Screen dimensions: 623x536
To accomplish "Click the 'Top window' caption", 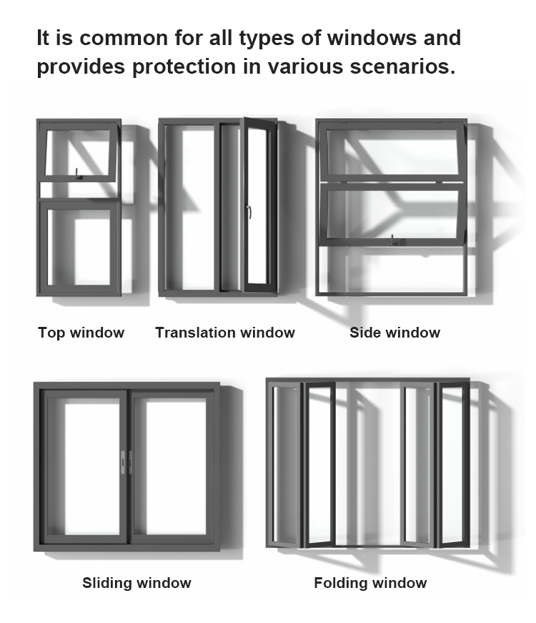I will pos(81,333).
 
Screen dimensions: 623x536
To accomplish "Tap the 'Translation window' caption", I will pos(224,333).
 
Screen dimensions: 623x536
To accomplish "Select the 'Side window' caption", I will pos(394,333).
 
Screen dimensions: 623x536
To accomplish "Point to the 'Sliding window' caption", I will pos(137,583).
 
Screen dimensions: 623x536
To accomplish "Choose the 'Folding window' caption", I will pos(370,583).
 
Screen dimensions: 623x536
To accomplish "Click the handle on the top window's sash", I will pos(77,173).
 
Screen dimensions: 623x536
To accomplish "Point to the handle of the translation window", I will pos(249,212).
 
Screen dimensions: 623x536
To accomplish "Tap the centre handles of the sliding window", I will pos(126,461).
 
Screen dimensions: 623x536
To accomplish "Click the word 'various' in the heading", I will pos(314,68).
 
